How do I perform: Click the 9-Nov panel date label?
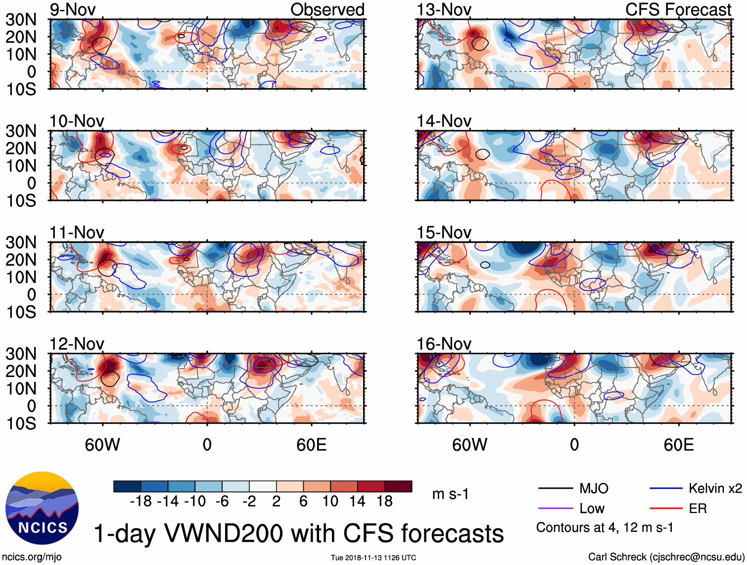(73, 10)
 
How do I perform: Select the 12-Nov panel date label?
(77, 344)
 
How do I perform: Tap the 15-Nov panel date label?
(444, 233)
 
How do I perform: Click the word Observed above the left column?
(327, 10)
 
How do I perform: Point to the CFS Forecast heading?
(678, 10)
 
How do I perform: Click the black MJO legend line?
(555, 489)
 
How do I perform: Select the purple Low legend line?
(555, 509)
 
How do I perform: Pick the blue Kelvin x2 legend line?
(666, 489)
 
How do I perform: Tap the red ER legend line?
(666, 509)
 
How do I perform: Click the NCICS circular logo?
(42, 508)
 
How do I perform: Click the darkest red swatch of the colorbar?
(398, 486)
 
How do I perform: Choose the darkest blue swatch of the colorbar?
(127, 486)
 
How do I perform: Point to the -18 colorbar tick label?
(141, 502)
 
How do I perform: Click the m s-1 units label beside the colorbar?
(450, 494)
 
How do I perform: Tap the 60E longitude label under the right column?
(678, 445)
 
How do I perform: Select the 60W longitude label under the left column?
(102, 445)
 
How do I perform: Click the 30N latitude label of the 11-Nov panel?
(21, 242)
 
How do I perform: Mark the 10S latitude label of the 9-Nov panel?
(21, 90)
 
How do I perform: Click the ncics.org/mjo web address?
(31, 557)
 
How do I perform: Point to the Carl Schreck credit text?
(666, 557)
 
